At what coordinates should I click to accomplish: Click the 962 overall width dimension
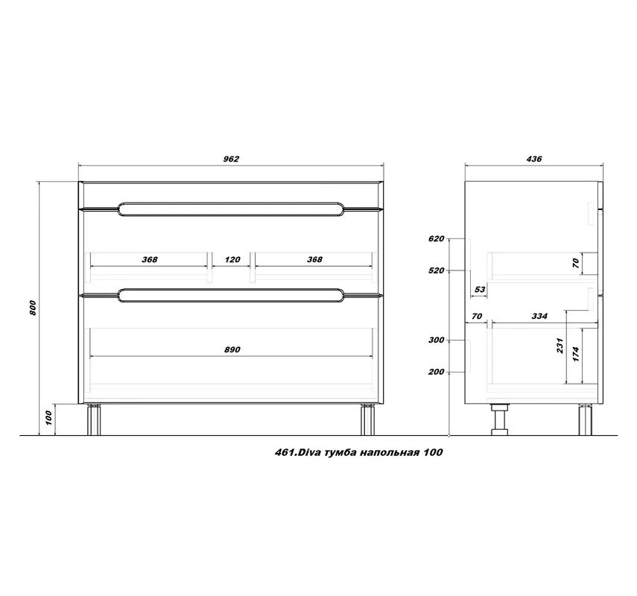click(x=231, y=159)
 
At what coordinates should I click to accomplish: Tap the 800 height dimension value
click(x=34, y=307)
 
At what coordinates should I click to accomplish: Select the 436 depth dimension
click(x=534, y=159)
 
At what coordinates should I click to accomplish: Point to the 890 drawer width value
click(x=232, y=349)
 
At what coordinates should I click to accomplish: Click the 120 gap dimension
click(x=232, y=259)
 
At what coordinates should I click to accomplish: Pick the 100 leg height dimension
click(x=48, y=418)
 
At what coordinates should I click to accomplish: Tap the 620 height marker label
click(x=437, y=239)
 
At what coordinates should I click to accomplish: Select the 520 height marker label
click(x=437, y=270)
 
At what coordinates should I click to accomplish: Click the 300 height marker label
click(x=437, y=340)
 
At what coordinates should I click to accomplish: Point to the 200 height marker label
click(x=437, y=372)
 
